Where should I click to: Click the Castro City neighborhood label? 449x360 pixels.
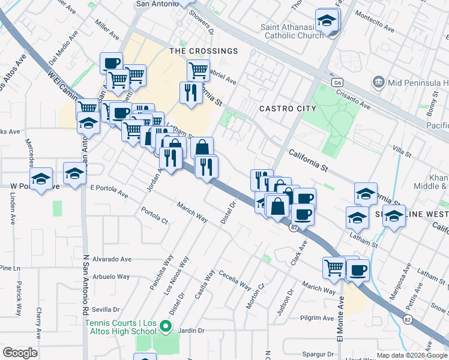288,109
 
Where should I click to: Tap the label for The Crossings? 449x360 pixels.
204,51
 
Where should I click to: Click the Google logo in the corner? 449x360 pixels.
20,353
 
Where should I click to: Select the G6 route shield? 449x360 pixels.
338,82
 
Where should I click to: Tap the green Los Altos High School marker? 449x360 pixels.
167,327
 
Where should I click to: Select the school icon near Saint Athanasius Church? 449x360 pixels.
326,22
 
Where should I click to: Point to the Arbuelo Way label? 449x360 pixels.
110,277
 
